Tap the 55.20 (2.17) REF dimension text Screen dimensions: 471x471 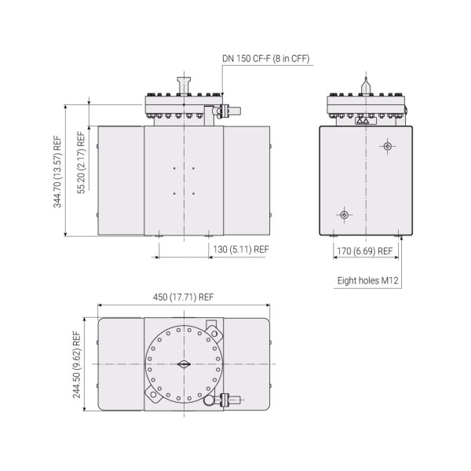80,163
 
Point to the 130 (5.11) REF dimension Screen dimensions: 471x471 240,250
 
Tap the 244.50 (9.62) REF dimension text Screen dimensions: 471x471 76,364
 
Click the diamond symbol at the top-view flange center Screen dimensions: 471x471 184,364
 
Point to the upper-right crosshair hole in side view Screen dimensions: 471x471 386,146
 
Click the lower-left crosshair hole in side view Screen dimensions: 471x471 342,214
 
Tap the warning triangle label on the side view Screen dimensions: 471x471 362,121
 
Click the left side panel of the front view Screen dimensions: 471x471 120,181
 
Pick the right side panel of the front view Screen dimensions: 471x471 247,181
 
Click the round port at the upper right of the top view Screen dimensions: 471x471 210,327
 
